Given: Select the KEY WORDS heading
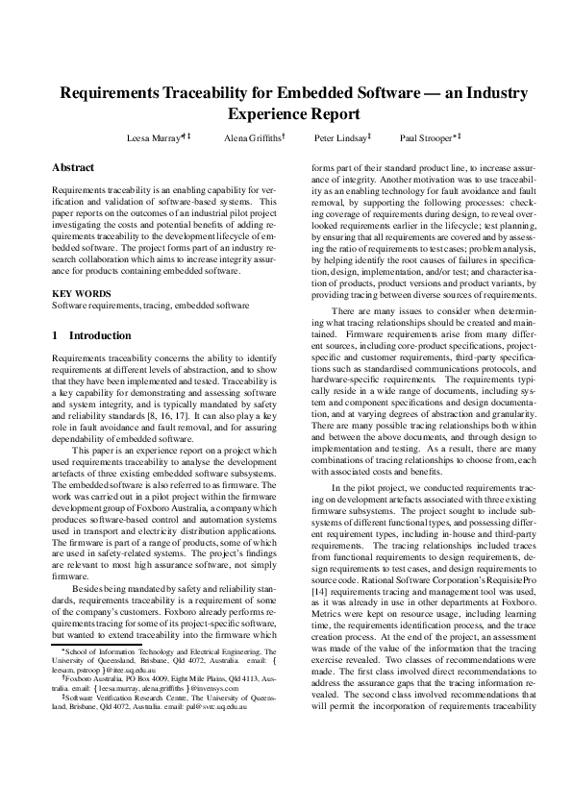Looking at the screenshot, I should coord(77,291).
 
